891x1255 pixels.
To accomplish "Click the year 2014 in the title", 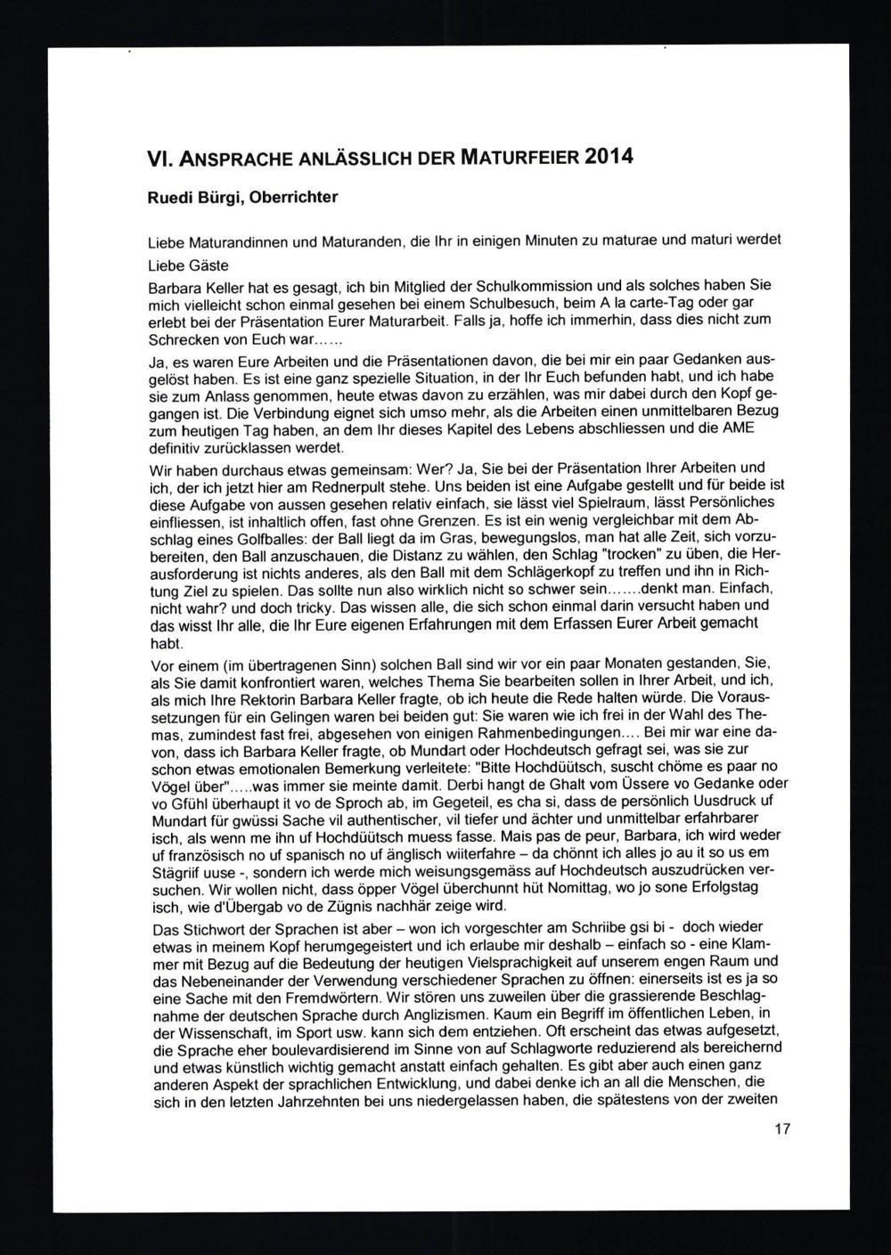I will click(x=609, y=157).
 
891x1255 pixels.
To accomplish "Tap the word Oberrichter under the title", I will click(x=294, y=197).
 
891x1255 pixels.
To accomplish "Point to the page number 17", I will click(x=782, y=1129).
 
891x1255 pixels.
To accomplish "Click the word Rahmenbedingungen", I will click(x=545, y=731).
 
